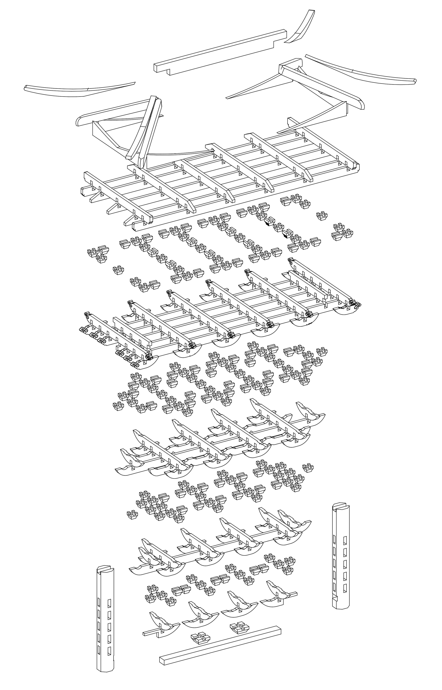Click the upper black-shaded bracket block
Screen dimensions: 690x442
269,221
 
